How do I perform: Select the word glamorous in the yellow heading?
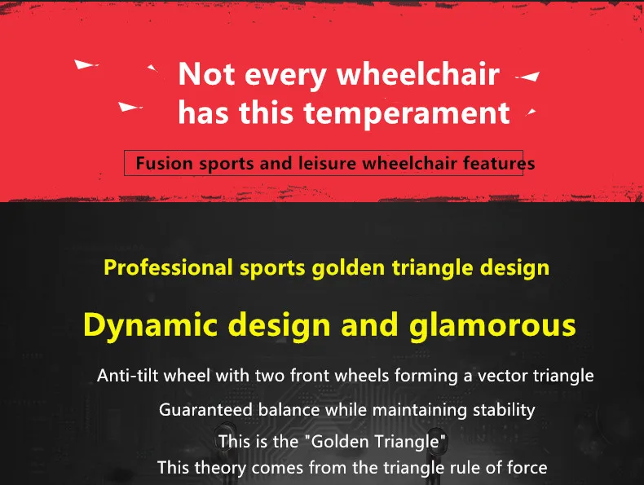coord(491,325)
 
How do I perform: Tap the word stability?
coord(504,409)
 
